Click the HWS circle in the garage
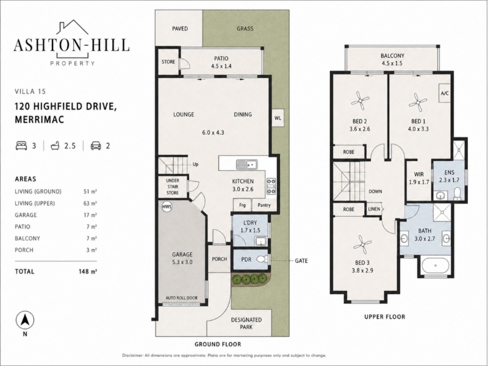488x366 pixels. pyautogui.click(x=167, y=207)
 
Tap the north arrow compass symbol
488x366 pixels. pyautogui.click(x=25, y=320)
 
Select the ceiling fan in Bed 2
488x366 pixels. pyautogui.click(x=360, y=101)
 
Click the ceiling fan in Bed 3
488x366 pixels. pyautogui.click(x=363, y=245)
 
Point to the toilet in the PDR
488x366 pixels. pyautogui.click(x=262, y=259)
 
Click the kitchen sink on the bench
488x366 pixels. pyautogui.click(x=246, y=163)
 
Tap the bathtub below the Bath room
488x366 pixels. pyautogui.click(x=435, y=266)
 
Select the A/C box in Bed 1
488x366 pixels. pyautogui.click(x=445, y=93)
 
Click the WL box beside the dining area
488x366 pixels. pyautogui.click(x=278, y=118)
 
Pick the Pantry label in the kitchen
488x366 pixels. pyautogui.click(x=264, y=205)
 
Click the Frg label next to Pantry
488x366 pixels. pyautogui.click(x=242, y=205)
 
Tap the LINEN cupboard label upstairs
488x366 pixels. pyautogui.click(x=374, y=209)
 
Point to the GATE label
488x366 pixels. pyautogui.click(x=301, y=260)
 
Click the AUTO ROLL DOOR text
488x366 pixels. pyautogui.click(x=181, y=298)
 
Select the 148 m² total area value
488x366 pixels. pyautogui.click(x=88, y=271)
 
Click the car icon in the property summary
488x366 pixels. pyautogui.click(x=96, y=146)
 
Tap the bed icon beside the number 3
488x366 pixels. pyautogui.click(x=21, y=146)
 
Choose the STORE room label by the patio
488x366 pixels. pyautogui.click(x=168, y=62)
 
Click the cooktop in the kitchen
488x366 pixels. pyautogui.click(x=271, y=186)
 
